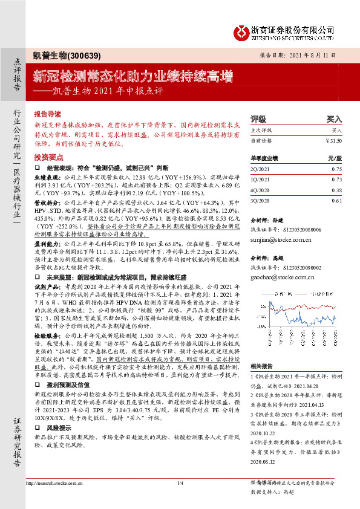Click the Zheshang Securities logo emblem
click(x=241, y=31)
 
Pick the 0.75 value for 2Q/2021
click(x=337, y=169)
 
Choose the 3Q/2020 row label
click(x=260, y=199)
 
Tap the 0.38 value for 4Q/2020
click(x=337, y=189)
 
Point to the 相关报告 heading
click(x=261, y=366)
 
